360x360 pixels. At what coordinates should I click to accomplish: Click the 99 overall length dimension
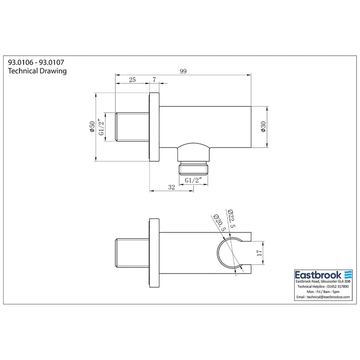click(184, 71)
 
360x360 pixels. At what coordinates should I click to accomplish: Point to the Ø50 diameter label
click(92, 127)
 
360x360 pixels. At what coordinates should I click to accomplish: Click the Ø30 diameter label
click(263, 127)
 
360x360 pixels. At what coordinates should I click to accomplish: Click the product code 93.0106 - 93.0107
click(35, 61)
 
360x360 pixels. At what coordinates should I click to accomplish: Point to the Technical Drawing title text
click(38, 71)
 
